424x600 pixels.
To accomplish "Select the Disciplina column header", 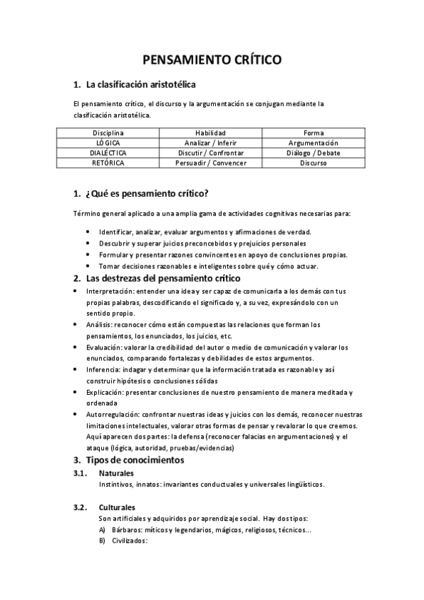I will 108,132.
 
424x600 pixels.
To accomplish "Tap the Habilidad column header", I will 210,132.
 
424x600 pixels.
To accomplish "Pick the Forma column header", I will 314,132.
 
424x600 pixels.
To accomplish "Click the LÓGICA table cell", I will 108,142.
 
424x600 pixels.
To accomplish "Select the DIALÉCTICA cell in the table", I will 108,152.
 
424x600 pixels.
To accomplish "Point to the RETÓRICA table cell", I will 108,162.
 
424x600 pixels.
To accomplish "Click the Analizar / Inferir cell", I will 210,142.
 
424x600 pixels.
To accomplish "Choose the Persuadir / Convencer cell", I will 210,162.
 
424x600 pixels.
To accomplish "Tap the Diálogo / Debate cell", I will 314,152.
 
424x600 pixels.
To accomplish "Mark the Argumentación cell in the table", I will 314,142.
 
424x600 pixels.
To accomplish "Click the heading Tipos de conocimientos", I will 134,460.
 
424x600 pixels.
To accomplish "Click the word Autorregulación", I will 112,415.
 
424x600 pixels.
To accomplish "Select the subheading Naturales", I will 116,473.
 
